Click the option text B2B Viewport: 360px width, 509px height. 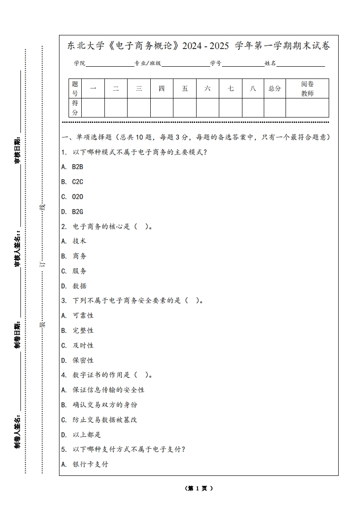(78, 167)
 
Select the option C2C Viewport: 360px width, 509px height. (78, 182)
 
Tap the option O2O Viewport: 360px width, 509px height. (78, 197)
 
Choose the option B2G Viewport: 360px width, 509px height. (78, 212)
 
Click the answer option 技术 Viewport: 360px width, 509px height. (79, 241)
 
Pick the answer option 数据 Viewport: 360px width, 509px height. (79, 286)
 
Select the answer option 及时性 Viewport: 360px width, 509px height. (83, 345)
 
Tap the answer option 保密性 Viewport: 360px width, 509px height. (83, 360)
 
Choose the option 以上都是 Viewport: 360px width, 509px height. (87, 435)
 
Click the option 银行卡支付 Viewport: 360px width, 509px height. (90, 464)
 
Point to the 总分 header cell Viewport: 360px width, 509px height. (275, 88)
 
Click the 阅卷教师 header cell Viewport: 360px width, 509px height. (307, 88)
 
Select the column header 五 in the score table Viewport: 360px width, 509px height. (185, 88)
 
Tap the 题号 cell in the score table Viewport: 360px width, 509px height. (75, 88)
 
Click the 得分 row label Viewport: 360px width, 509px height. (75, 108)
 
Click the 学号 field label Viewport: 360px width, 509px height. (216, 64)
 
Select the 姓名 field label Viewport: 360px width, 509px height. (271, 64)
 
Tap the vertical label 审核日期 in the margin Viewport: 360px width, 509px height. (18, 150)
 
